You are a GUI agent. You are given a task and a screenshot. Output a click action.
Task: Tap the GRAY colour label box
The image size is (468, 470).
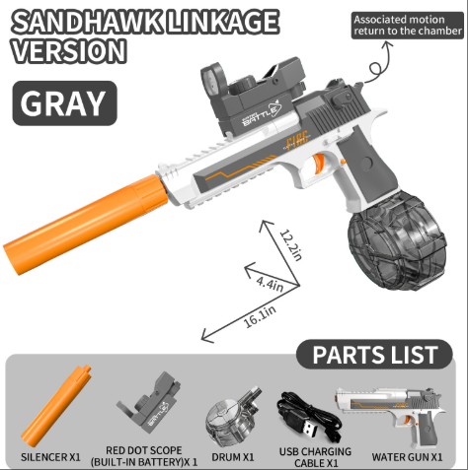tap(64, 103)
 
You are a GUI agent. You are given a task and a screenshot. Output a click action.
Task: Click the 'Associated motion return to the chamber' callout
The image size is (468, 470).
tap(408, 26)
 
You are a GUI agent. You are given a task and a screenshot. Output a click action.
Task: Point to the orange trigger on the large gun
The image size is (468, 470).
tap(318, 165)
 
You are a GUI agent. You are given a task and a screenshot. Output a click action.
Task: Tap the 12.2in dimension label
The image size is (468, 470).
tap(291, 245)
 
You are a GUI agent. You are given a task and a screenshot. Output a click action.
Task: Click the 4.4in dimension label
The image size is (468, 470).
tap(270, 284)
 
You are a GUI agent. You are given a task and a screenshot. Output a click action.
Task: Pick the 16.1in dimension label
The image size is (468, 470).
tap(260, 317)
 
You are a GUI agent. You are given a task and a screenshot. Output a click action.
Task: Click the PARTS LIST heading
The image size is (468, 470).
tap(375, 355)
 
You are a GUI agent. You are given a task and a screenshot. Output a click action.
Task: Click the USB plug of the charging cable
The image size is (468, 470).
tap(308, 429)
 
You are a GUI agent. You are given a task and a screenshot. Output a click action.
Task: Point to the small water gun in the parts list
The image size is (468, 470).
tap(390, 415)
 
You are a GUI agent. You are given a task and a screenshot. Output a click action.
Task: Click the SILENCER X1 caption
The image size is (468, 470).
tap(50, 457)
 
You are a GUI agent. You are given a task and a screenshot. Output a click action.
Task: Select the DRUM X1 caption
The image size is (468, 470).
tap(233, 457)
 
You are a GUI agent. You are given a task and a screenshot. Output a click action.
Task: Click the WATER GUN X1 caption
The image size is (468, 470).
tap(407, 457)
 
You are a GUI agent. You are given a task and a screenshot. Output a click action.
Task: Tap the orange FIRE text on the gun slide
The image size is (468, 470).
tap(297, 141)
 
